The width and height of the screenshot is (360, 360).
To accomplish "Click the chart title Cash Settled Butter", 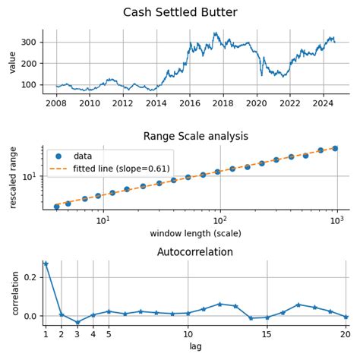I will coord(180,13).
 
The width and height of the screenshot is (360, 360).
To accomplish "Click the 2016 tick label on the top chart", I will coord(190,103).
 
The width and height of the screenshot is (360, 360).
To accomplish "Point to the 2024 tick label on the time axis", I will coord(324,103).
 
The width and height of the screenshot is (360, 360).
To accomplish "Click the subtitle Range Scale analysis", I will coord(195,137).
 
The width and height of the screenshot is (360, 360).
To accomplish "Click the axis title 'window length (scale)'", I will coord(195,233).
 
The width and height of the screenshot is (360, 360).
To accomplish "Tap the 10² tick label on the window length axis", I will coord(219,220).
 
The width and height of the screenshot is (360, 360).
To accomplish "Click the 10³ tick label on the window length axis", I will coord(336,220).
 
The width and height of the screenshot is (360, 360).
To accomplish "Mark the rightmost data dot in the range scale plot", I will coord(335,149).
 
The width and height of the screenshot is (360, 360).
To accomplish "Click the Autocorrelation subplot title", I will coord(195,252).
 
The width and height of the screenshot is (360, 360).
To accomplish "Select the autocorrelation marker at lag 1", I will coord(46,264).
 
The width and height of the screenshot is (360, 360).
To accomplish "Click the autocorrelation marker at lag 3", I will coord(77,323).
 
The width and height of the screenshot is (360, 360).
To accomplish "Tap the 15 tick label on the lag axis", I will coord(267,333).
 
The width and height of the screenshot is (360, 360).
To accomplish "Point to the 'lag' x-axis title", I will coord(195,346).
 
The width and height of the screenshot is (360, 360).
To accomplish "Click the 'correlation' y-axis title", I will coord(12,293).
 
